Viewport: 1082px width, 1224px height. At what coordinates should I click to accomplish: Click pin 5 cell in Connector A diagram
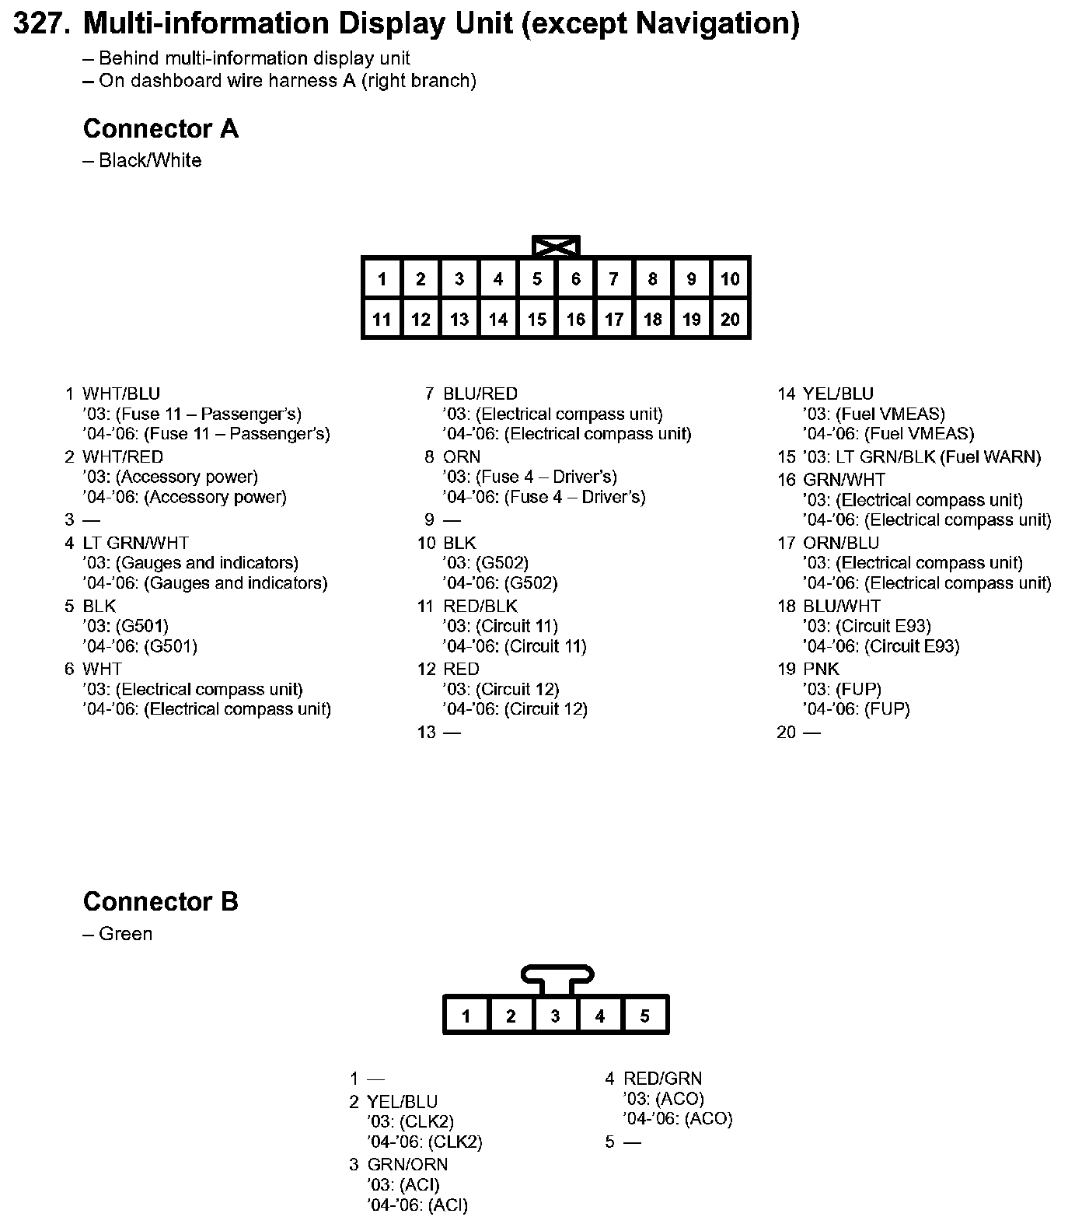(537, 279)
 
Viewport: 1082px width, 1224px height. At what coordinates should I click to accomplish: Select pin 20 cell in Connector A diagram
(730, 319)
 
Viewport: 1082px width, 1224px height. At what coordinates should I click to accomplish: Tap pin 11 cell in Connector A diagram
(382, 319)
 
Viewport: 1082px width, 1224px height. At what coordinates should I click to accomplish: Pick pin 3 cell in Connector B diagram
(555, 1016)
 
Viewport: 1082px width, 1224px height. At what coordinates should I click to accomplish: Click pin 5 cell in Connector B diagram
(645, 1016)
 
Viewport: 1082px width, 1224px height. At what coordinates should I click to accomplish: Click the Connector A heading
(160, 128)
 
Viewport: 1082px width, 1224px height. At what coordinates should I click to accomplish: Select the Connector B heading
(160, 901)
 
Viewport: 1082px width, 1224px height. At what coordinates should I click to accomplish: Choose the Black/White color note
(150, 161)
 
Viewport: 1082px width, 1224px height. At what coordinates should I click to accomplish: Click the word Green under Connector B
(125, 934)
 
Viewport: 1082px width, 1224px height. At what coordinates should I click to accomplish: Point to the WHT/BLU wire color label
(121, 393)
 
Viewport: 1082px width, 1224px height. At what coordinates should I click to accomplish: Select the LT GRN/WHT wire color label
(135, 543)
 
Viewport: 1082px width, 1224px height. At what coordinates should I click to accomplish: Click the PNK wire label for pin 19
(821, 669)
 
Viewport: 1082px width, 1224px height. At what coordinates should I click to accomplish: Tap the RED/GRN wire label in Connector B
(662, 1079)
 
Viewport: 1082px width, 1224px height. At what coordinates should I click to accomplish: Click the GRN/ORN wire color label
(407, 1164)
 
